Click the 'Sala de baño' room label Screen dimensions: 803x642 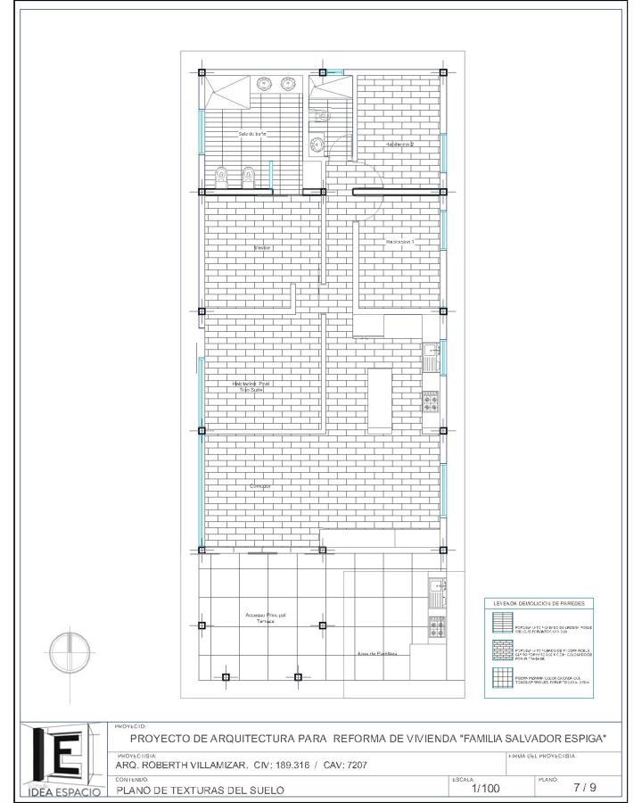251,134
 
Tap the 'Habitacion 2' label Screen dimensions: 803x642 400,144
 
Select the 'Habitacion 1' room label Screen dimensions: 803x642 400,242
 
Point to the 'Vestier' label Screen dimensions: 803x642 261,247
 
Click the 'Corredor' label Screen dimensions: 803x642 259,486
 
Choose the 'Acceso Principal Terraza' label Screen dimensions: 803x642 266,617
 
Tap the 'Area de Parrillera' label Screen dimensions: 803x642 377,654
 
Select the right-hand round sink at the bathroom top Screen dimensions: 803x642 288,85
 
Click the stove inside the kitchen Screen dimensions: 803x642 430,402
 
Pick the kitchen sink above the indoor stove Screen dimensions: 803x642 430,357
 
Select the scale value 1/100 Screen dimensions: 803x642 486,788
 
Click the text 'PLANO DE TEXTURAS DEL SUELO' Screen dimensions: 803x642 201,790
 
